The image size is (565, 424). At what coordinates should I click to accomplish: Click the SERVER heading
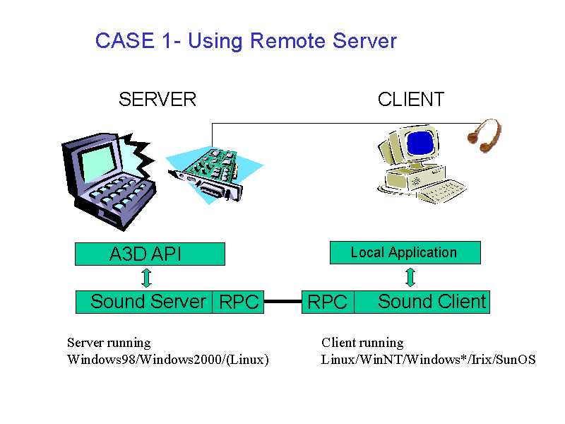[157, 99]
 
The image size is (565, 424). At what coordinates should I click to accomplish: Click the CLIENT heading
[411, 99]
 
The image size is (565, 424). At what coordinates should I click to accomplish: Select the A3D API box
[150, 254]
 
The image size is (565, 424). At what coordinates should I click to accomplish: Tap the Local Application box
[405, 252]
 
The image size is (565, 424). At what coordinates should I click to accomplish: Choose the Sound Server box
[144, 302]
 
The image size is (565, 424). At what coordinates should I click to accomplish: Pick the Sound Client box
[422, 302]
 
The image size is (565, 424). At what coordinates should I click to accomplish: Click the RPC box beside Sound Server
[238, 302]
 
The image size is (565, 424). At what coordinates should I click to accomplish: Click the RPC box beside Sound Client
[328, 302]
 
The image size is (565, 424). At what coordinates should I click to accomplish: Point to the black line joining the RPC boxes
[283, 302]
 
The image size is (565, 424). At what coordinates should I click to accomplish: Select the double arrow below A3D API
[146, 278]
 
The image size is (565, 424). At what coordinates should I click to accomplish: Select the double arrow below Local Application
[410, 277]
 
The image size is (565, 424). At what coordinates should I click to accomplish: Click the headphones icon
[484, 136]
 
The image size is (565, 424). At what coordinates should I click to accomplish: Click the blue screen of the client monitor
[420, 143]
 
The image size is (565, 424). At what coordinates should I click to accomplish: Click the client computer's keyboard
[441, 191]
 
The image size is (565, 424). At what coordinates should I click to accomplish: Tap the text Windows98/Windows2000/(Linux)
[168, 360]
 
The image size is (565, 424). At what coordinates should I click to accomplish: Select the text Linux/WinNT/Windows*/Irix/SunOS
[428, 360]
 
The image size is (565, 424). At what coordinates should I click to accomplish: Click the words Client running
[362, 343]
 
